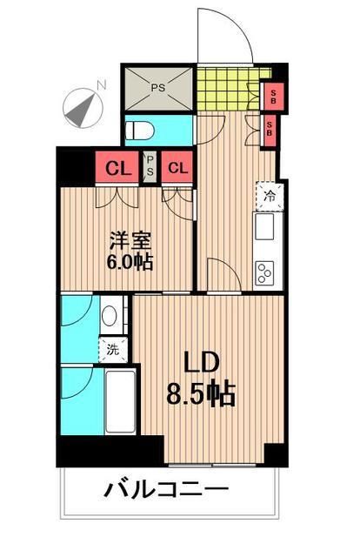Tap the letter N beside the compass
click(x=102, y=84)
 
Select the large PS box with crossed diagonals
click(x=158, y=88)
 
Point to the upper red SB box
click(x=272, y=94)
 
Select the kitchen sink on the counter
click(x=265, y=229)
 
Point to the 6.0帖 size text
click(x=130, y=260)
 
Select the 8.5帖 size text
click(x=203, y=395)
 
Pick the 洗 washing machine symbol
click(x=112, y=351)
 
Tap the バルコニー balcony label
click(x=167, y=489)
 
